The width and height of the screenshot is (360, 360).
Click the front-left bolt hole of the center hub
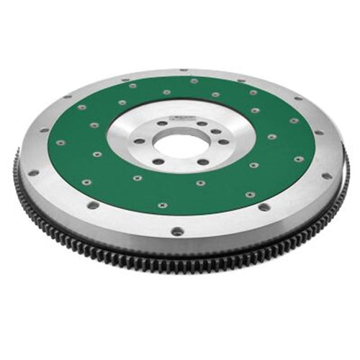click(x=159, y=159)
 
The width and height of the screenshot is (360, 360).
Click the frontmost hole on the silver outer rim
click(x=176, y=231)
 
